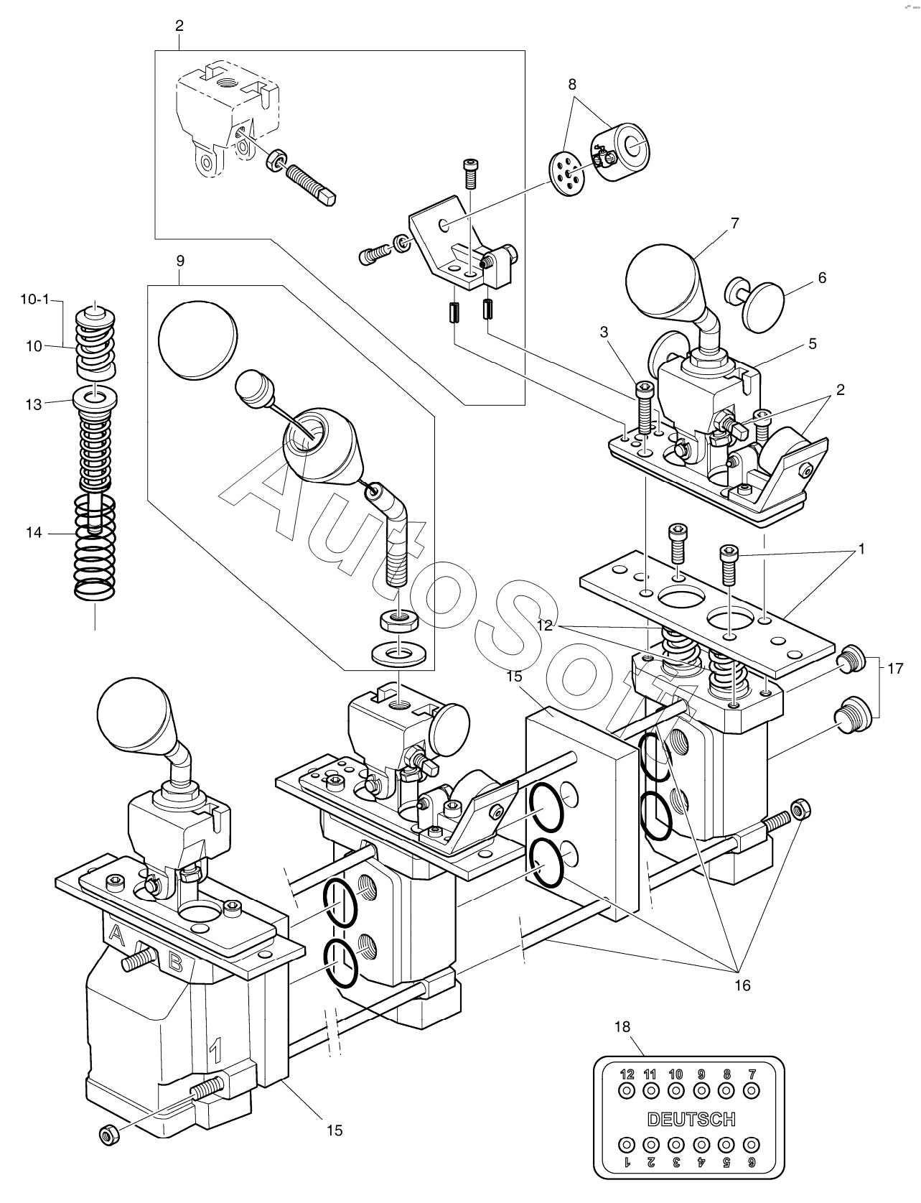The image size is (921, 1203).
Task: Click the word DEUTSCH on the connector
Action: (691, 1118)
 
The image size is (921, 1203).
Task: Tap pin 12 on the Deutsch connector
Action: (627, 1090)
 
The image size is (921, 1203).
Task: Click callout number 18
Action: (622, 1027)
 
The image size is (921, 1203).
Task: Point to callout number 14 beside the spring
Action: (34, 533)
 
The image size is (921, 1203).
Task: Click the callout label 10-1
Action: (34, 299)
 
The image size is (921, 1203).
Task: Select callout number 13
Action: (34, 404)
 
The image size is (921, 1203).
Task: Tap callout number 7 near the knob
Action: (734, 223)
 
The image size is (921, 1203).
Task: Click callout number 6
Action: (822, 277)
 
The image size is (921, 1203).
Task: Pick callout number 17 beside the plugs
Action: (894, 669)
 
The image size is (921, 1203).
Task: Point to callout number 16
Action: (742, 985)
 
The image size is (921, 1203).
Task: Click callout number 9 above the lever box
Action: (179, 259)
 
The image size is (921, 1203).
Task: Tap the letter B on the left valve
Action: (174, 960)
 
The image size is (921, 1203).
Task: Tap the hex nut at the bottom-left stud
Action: (108, 1133)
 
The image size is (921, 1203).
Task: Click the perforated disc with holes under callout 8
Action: (565, 171)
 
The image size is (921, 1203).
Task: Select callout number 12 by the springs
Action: (544, 626)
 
